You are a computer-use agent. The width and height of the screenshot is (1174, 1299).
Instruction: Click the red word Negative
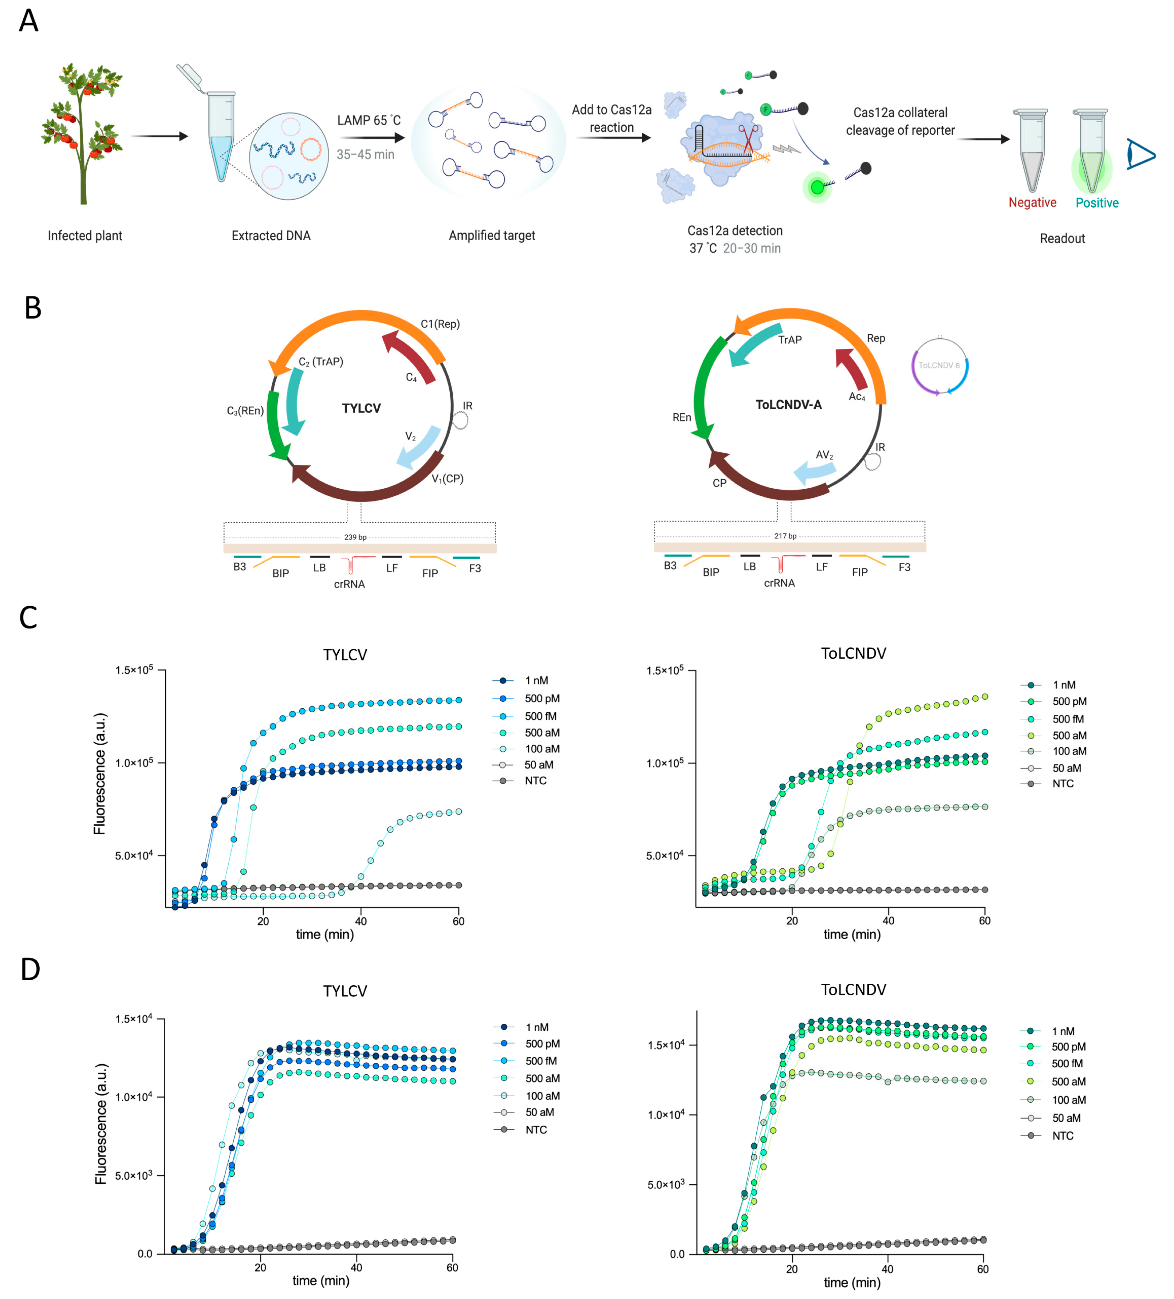pyautogui.click(x=1032, y=202)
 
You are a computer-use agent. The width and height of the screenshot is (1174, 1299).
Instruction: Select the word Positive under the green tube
pyautogui.click(x=1097, y=203)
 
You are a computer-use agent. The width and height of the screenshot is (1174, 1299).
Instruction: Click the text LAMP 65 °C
pyautogui.click(x=368, y=120)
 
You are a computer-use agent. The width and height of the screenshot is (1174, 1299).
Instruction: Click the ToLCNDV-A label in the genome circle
pyautogui.click(x=788, y=405)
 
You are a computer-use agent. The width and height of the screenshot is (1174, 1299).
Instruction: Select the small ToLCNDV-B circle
pyautogui.click(x=940, y=365)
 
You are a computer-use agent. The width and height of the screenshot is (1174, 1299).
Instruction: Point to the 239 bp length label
pyautogui.click(x=355, y=537)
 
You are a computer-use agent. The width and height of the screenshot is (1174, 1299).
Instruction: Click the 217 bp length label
pyautogui.click(x=785, y=535)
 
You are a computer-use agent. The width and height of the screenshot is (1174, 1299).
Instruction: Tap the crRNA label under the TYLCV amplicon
pyautogui.click(x=349, y=584)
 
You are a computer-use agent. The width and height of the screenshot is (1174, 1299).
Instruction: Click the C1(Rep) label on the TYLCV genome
pyautogui.click(x=440, y=324)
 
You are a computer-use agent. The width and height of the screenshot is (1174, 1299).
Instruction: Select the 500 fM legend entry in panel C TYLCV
pyautogui.click(x=540, y=716)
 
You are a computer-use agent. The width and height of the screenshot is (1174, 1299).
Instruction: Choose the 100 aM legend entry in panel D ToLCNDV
pyautogui.click(x=1068, y=1100)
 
